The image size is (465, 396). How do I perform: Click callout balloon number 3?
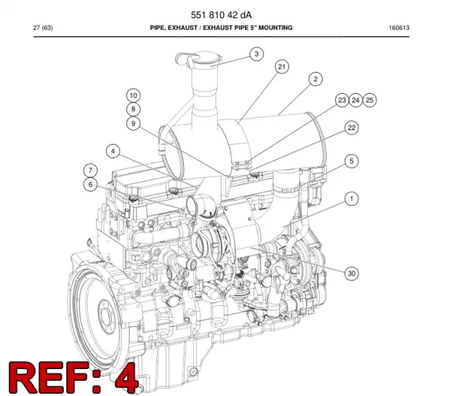(256, 54)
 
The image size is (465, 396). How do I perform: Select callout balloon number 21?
(281, 67)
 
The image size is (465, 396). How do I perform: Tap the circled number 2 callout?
(315, 79)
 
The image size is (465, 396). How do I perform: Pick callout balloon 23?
(342, 100)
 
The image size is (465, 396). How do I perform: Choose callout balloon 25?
(369, 100)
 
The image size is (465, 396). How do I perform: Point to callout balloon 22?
(352, 128)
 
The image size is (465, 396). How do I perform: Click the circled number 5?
(352, 161)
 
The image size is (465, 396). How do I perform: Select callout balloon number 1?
(352, 198)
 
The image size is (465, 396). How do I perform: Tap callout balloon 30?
(352, 273)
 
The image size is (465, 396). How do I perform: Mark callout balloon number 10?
(133, 95)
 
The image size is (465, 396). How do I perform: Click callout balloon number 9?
(133, 124)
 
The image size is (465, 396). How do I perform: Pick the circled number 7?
(90, 171)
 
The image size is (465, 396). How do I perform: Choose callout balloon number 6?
(90, 185)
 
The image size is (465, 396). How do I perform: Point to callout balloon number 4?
(113, 151)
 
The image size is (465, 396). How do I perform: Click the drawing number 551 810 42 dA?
(221, 15)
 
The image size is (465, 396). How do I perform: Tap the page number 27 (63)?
(43, 28)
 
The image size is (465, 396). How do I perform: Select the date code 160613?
(399, 28)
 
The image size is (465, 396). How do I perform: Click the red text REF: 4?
(73, 378)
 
